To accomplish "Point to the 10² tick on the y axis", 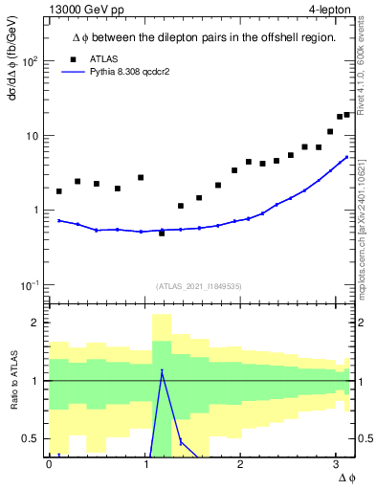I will pos(31,61).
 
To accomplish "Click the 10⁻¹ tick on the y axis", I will pos(31,285).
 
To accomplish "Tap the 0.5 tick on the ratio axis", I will pos(32,438).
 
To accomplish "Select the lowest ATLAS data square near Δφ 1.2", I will pos(162,233).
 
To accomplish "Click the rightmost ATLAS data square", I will pos(346,115).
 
